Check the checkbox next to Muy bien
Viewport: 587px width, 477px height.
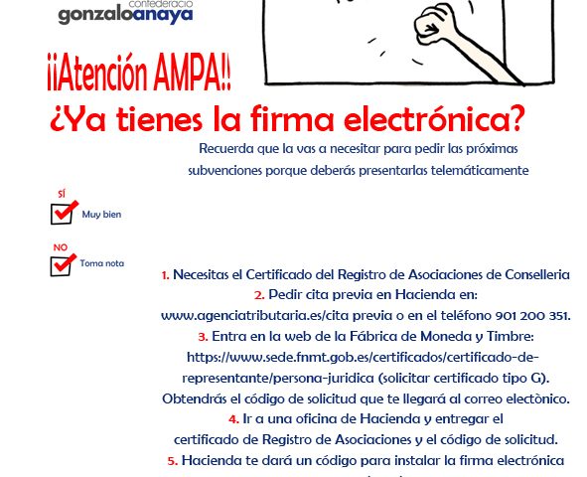63,213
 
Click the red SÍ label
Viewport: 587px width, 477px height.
62,194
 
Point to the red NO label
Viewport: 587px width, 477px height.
61,247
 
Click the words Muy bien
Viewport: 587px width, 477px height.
101,215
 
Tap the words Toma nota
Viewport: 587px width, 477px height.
102,263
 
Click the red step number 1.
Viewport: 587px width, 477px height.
165,275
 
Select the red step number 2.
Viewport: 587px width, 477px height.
259,295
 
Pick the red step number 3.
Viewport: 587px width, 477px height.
203,337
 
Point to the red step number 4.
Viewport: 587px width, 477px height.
233,419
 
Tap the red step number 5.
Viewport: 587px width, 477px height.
173,461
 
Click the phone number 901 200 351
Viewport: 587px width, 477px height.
532,316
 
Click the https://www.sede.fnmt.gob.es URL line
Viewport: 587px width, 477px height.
363,358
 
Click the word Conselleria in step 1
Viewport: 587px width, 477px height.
537,274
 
